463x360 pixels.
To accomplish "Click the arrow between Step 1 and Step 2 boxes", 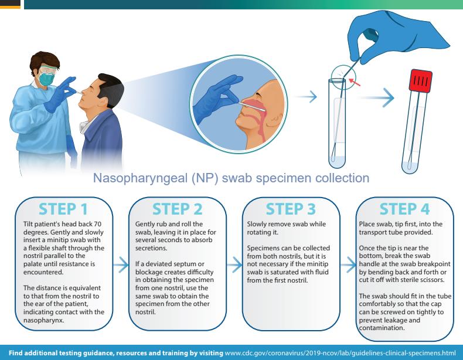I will (x=120, y=266).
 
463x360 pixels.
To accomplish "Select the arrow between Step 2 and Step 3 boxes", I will (x=234, y=266).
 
